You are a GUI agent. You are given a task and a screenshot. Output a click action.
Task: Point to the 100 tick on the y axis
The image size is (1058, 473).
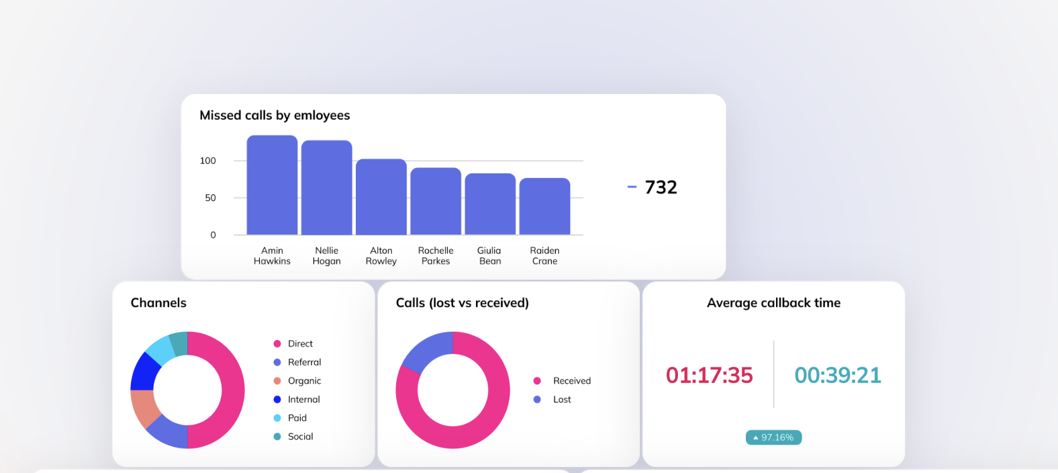208,161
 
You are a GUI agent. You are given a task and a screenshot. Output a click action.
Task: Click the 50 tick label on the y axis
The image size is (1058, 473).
210,198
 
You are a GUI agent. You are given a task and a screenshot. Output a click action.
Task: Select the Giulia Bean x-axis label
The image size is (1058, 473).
489,256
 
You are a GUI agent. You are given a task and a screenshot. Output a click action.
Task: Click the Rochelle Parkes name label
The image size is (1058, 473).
436,256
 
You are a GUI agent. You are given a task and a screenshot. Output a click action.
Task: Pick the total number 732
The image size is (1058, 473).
661,187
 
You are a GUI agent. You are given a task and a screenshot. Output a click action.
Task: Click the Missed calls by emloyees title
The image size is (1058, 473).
275,116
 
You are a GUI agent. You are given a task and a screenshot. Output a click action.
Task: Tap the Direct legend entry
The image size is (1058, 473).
300,343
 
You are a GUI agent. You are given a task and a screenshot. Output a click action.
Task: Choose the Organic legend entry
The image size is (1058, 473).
304,381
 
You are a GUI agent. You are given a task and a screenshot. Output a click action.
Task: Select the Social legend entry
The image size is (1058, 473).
300,437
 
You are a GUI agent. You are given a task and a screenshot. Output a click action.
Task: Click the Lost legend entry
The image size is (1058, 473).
562,400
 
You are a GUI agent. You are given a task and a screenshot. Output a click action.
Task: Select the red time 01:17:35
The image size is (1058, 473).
709,375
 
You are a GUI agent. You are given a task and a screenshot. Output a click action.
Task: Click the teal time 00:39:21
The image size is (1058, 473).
838,375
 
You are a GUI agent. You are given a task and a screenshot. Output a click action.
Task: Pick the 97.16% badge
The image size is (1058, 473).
773,437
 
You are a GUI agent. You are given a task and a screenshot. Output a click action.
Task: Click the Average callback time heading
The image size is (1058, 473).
773,303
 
